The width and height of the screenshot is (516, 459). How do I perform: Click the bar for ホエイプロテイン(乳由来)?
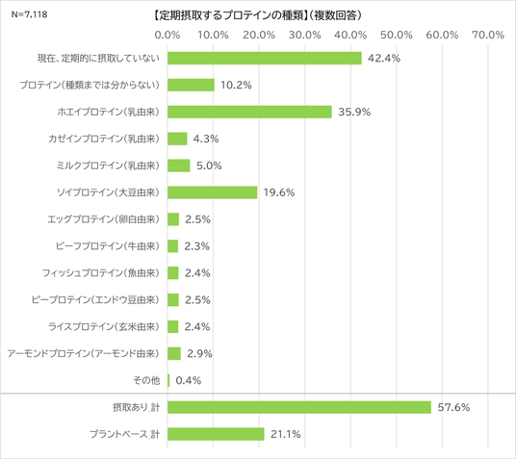(249, 112)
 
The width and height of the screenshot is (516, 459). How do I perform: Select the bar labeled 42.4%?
(265, 59)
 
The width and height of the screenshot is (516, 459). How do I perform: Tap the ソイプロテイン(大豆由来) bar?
(212, 192)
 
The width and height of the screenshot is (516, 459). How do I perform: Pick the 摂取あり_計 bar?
(299, 407)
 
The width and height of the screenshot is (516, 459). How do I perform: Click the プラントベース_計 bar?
(216, 434)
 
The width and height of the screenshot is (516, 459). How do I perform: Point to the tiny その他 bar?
(168, 380)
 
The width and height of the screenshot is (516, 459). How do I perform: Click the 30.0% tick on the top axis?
(305, 35)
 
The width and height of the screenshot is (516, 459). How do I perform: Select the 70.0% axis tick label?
(488, 35)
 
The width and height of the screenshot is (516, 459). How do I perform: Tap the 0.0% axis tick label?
(168, 35)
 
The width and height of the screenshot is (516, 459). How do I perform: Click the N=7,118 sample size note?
(29, 14)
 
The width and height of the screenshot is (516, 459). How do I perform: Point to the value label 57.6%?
(453, 407)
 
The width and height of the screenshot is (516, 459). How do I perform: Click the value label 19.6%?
(279, 192)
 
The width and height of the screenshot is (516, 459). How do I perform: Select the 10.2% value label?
(236, 86)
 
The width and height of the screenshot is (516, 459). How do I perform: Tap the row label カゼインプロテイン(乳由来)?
(104, 139)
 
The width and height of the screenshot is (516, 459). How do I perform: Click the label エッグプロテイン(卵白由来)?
(104, 219)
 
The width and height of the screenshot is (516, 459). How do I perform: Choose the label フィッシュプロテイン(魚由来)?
(101, 273)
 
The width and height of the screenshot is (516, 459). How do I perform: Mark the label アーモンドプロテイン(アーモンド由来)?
(84, 354)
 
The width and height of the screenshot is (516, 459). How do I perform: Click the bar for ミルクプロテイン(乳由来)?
(179, 166)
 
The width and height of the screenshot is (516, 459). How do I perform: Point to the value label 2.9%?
(199, 354)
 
